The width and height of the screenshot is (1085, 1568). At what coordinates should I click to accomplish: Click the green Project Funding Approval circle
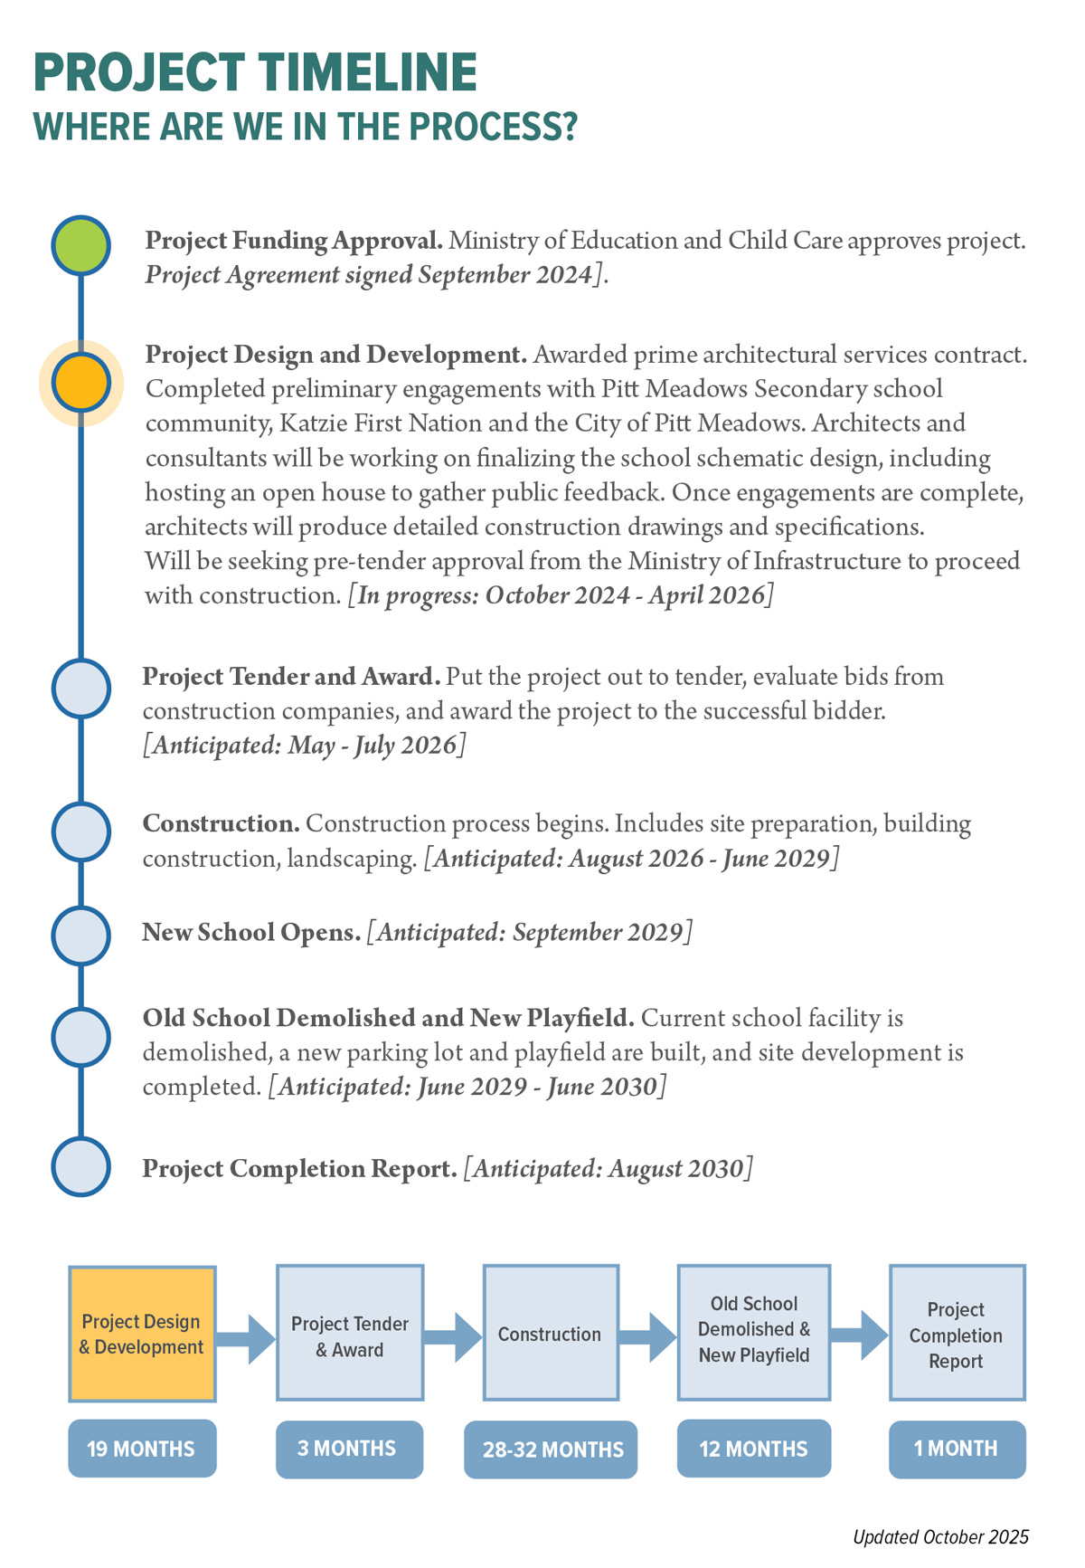point(81,245)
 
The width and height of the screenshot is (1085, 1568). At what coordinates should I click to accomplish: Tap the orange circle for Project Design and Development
point(81,384)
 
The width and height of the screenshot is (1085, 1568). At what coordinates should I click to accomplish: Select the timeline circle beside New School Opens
point(81,934)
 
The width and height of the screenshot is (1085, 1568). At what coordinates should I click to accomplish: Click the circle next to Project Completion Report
point(81,1167)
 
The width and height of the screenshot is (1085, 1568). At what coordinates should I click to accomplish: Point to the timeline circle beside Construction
point(81,832)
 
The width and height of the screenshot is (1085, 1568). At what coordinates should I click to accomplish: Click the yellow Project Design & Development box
point(142,1334)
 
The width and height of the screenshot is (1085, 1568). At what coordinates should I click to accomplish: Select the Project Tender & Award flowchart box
point(350,1334)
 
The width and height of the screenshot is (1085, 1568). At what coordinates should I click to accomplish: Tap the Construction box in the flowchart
point(551,1334)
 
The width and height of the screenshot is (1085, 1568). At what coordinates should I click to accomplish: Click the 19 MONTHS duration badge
point(142,1449)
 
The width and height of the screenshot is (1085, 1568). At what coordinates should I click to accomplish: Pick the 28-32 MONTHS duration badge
point(552,1449)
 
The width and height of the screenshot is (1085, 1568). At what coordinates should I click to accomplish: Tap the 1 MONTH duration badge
point(957,1449)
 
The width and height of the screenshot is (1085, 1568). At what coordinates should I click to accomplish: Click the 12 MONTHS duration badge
point(753,1449)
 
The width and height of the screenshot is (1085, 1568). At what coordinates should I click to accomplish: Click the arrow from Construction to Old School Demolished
point(648,1336)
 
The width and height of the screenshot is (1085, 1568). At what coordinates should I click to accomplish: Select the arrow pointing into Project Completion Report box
point(859,1335)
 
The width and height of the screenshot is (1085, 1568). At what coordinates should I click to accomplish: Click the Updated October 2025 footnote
point(940,1537)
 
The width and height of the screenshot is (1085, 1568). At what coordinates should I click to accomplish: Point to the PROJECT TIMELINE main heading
point(255,72)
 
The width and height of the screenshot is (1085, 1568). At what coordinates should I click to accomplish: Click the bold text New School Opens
point(251,932)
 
